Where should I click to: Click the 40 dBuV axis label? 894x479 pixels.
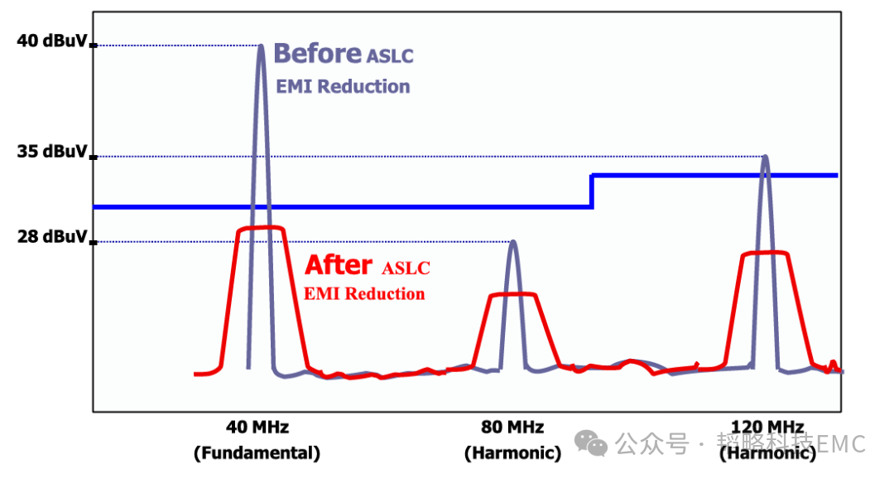[51, 41]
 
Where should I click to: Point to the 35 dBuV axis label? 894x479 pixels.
[51, 152]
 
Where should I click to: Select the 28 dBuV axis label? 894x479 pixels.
[51, 236]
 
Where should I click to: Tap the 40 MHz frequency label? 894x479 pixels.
[257, 428]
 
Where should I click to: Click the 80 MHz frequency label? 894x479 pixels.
[512, 428]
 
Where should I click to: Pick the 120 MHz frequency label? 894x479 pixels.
[767, 428]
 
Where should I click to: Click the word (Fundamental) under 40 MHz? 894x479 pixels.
[257, 453]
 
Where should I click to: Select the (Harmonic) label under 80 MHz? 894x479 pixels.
[512, 453]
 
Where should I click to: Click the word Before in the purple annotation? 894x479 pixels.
[316, 54]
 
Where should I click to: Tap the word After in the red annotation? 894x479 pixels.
[339, 265]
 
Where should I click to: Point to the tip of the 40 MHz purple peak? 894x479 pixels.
[261, 46]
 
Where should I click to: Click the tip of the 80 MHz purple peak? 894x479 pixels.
[512, 241]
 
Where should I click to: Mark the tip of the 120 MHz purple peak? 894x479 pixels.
[765, 156]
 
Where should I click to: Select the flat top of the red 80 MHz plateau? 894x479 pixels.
[512, 294]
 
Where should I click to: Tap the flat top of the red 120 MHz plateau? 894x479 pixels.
[765, 253]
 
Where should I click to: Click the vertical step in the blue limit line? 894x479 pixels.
[592, 191]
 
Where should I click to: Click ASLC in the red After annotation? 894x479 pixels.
[406, 269]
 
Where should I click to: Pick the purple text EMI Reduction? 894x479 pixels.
[343, 86]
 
